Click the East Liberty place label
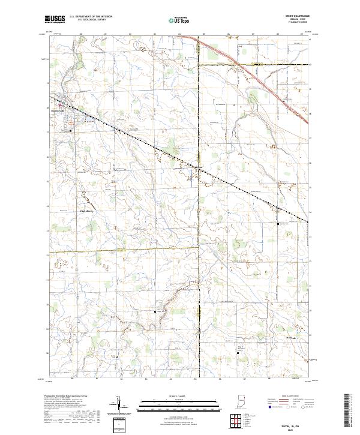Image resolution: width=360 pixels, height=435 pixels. (x=70, y=211)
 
